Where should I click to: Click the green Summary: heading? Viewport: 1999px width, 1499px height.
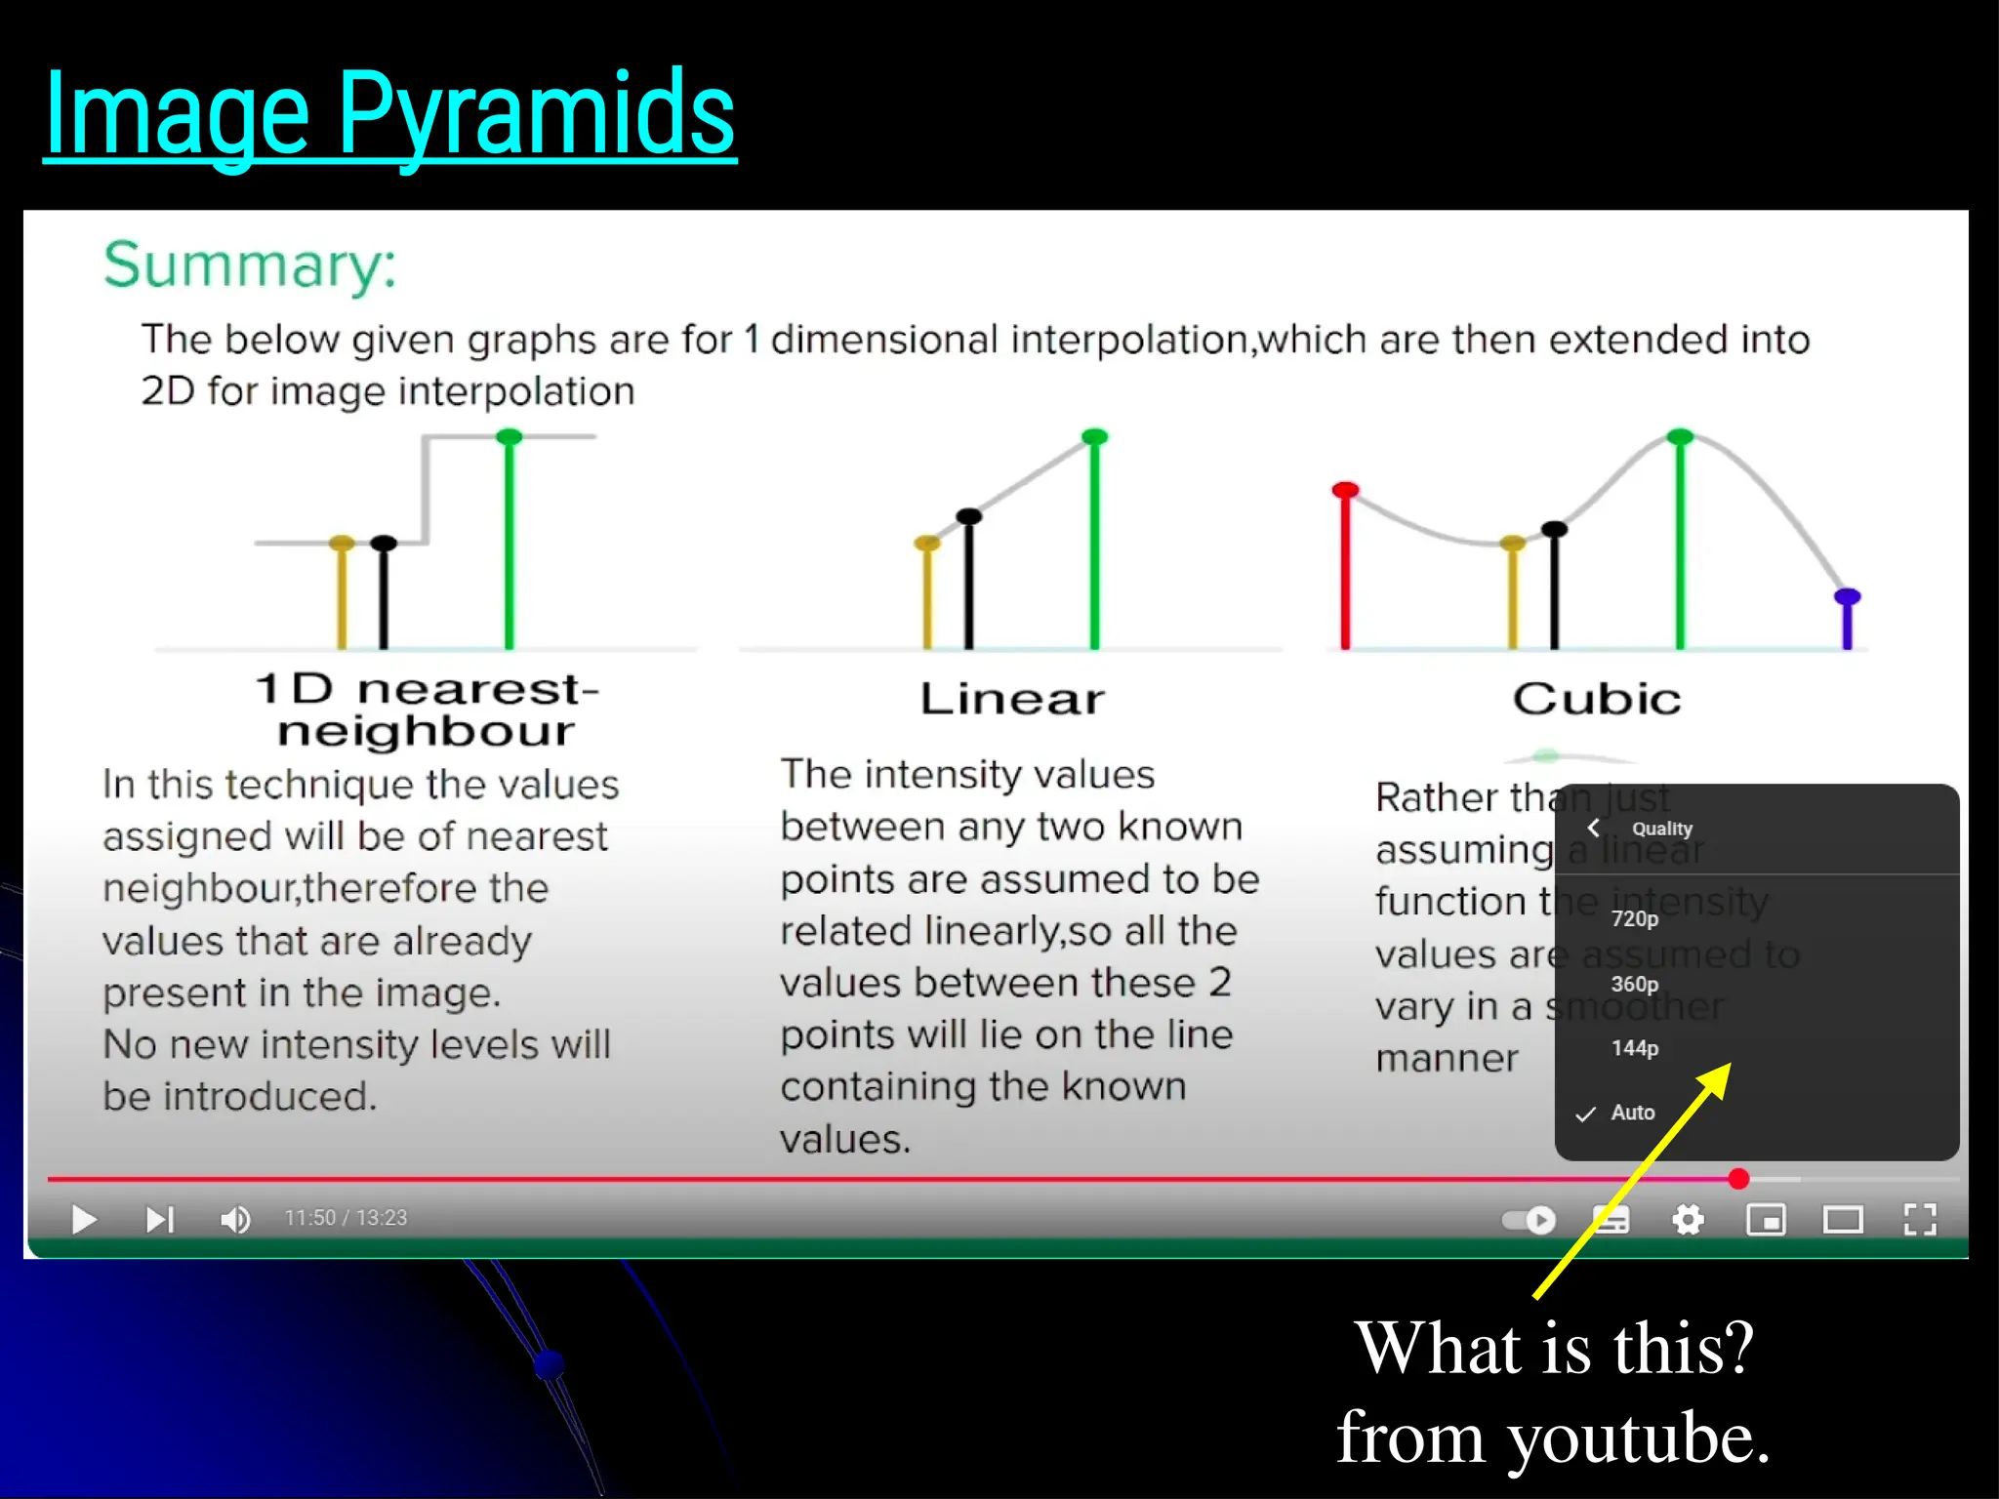pos(251,264)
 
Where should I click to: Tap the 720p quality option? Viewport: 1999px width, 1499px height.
pos(1635,918)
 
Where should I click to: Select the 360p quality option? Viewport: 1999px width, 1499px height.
pos(1635,984)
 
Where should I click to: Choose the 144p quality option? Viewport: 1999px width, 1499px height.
pos(1635,1048)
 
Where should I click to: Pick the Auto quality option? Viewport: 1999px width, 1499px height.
pos(1632,1113)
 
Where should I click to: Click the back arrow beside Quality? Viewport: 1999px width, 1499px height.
pos(1594,829)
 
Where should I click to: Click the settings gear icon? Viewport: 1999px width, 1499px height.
pos(1688,1219)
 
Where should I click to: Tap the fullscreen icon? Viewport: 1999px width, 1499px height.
pos(1919,1219)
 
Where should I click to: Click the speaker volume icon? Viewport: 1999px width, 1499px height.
pos(235,1219)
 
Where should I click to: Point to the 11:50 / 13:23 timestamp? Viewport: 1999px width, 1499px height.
pos(346,1218)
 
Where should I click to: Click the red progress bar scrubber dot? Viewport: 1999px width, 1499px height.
pos(1738,1179)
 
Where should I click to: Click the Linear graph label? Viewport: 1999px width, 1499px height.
pos(1012,699)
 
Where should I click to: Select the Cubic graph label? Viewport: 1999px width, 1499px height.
pos(1597,699)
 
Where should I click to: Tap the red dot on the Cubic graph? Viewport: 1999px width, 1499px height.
pos(1345,490)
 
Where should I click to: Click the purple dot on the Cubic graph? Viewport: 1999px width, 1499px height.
pos(1847,596)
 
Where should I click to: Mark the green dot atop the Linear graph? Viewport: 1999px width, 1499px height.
pos(1095,436)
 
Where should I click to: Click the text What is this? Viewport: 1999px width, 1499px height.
pos(1555,1348)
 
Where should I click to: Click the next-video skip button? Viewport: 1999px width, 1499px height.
pos(159,1219)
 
